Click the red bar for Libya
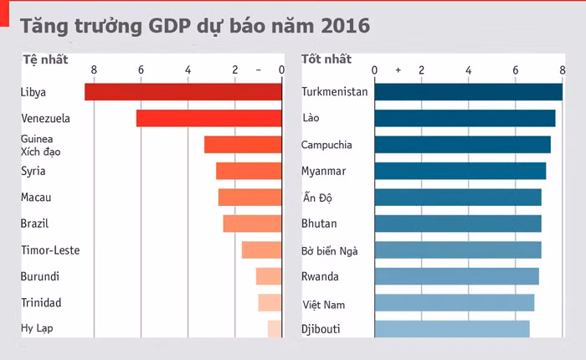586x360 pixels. [182, 92]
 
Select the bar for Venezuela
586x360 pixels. [208, 118]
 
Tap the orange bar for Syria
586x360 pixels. [249, 171]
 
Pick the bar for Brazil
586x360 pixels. [252, 224]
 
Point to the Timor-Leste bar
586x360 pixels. [261, 249]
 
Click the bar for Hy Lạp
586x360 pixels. [275, 328]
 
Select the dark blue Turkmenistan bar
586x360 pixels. [468, 92]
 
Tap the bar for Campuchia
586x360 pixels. [462, 145]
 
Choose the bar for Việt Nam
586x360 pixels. [454, 302]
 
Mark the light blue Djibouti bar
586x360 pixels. [451, 328]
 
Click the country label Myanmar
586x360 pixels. [323, 172]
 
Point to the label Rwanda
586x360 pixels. [320, 276]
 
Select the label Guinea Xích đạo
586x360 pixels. [40, 145]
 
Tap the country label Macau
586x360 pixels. [36, 198]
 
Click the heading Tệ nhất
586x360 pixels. [45, 59]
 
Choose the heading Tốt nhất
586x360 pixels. [326, 59]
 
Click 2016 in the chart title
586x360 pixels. [340, 26]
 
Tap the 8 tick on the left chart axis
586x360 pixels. [94, 70]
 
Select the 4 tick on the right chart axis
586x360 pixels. [468, 70]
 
